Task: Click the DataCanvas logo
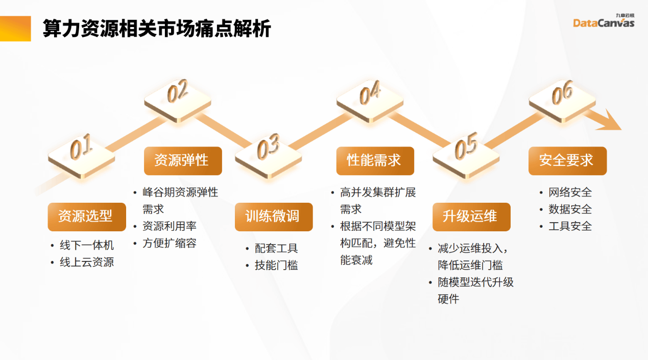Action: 604,21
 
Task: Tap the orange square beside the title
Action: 15,29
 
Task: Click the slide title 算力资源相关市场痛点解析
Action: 157,29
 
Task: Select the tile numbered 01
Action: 82,157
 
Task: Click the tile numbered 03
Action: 269,156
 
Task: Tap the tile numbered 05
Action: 466,156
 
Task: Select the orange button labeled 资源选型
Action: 87,217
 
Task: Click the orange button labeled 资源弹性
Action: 183,161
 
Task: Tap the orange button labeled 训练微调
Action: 274,217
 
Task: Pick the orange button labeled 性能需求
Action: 375,161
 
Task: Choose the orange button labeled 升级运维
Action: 471,217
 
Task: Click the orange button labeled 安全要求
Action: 568,161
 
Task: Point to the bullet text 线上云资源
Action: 87,262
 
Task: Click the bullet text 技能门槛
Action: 276,265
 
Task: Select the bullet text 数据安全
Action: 570,209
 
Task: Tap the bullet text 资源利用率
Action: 170,226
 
